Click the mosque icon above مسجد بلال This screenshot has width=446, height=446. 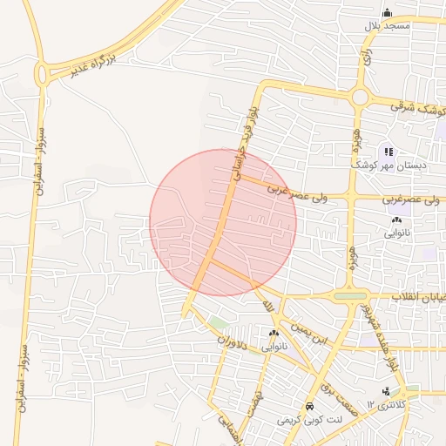coord(388,12)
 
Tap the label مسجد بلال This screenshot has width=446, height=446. coord(387,26)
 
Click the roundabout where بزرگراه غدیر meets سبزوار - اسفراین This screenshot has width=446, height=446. coord(41,75)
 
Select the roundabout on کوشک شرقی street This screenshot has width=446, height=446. coord(359,97)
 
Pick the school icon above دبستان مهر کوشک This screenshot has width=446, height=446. coord(389,152)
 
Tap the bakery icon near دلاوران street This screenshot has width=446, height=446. coord(274,334)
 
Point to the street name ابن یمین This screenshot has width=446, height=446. coord(314,331)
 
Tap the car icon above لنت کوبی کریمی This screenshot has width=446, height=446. coord(310,407)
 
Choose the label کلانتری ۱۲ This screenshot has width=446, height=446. coord(384,404)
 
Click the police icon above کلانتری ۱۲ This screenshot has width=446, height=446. coord(386,391)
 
